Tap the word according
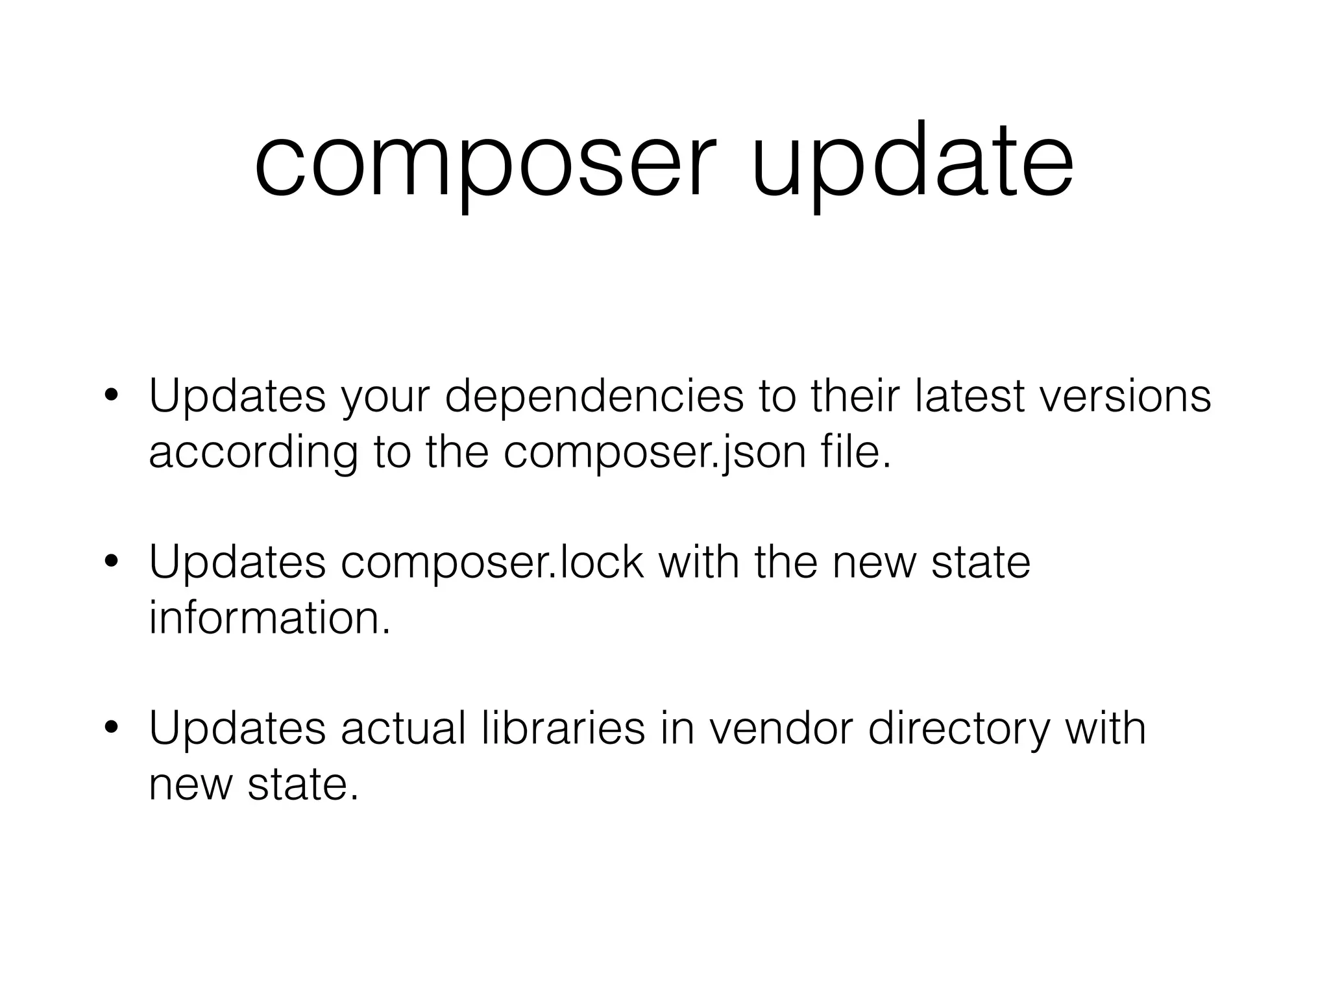point(253,453)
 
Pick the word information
point(270,618)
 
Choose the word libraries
point(564,728)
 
